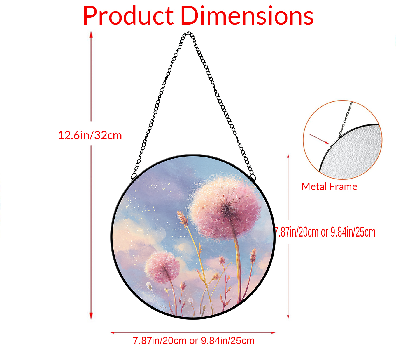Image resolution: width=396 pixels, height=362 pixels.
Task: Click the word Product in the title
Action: [128, 15]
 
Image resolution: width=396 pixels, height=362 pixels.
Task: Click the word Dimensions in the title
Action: [247, 15]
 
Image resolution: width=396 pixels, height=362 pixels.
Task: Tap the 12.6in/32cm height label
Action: [90, 136]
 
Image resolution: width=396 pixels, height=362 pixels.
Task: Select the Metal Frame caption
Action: [329, 186]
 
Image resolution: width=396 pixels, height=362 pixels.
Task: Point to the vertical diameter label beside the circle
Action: [325, 232]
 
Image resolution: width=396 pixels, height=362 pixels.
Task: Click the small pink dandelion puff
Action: [162, 267]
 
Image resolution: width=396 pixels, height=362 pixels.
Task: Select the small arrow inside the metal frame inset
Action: [319, 139]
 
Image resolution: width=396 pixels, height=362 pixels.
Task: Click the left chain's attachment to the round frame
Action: [134, 177]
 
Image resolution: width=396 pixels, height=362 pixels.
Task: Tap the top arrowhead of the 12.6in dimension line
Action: [91, 35]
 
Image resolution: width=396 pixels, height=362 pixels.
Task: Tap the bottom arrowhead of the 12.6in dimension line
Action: [91, 316]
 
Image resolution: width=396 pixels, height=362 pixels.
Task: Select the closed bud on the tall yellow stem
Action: [182, 218]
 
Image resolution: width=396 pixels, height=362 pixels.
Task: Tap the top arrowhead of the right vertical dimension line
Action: [288, 156]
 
